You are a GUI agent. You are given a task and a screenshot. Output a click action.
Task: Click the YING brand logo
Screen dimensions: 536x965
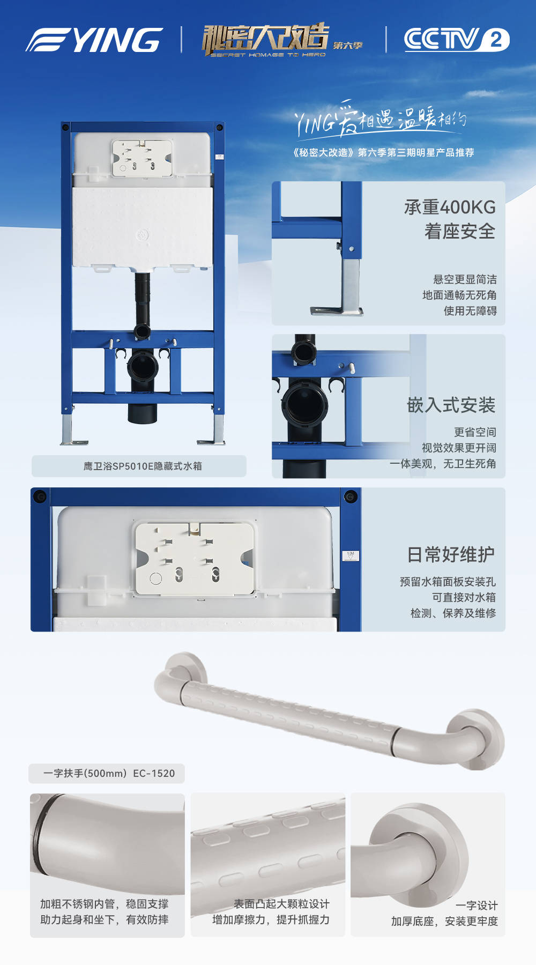(x=94, y=40)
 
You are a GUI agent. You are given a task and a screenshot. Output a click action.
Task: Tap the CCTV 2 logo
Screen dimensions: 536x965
(x=457, y=39)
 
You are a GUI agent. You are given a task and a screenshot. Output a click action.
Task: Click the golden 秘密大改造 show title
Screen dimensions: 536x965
(x=265, y=39)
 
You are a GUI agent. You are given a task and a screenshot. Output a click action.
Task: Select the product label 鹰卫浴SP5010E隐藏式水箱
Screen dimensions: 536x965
(x=143, y=466)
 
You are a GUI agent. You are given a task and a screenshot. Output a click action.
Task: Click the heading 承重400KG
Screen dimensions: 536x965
(x=450, y=207)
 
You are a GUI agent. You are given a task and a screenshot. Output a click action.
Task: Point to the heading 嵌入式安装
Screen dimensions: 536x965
(x=451, y=405)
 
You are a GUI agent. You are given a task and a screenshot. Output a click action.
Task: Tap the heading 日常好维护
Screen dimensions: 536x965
(x=451, y=554)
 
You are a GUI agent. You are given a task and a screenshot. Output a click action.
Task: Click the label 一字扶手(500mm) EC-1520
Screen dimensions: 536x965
(x=109, y=773)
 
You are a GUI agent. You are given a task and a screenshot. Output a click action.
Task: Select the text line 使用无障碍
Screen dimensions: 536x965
(x=470, y=310)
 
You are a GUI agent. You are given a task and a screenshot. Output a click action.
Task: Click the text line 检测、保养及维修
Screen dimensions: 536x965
(x=453, y=613)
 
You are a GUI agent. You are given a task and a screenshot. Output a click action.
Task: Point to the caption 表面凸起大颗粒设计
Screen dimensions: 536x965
(x=281, y=904)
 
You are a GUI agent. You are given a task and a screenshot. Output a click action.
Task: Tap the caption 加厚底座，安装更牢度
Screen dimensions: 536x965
(x=444, y=921)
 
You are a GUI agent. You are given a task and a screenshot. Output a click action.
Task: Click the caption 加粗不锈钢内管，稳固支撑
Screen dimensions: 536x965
(x=105, y=904)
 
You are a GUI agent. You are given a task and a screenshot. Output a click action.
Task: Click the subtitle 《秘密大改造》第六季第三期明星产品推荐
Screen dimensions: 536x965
(x=383, y=152)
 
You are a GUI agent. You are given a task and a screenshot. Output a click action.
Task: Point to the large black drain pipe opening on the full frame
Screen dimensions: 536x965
(x=143, y=366)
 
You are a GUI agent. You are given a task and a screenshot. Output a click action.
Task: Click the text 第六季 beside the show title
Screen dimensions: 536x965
(x=347, y=46)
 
